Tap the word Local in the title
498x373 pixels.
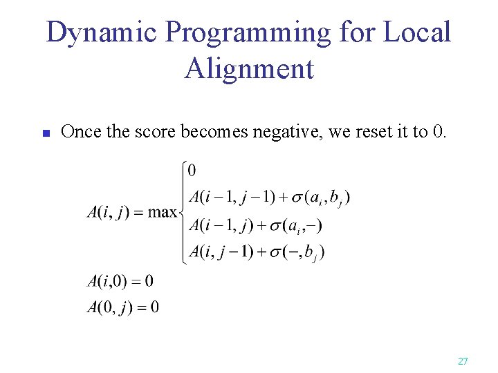pyautogui.click(x=418, y=33)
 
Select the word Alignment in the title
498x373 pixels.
pyautogui.click(x=249, y=69)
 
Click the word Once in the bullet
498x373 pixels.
pyautogui.click(x=81, y=132)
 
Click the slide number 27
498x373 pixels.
pyautogui.click(x=463, y=361)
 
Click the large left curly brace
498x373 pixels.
pyautogui.click(x=183, y=211)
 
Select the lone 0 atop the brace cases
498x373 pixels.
pyautogui.click(x=192, y=170)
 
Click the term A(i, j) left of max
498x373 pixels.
pyautogui.click(x=107, y=212)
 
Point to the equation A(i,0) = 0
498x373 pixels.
pyautogui.click(x=120, y=281)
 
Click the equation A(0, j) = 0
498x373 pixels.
pyautogui.click(x=122, y=307)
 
